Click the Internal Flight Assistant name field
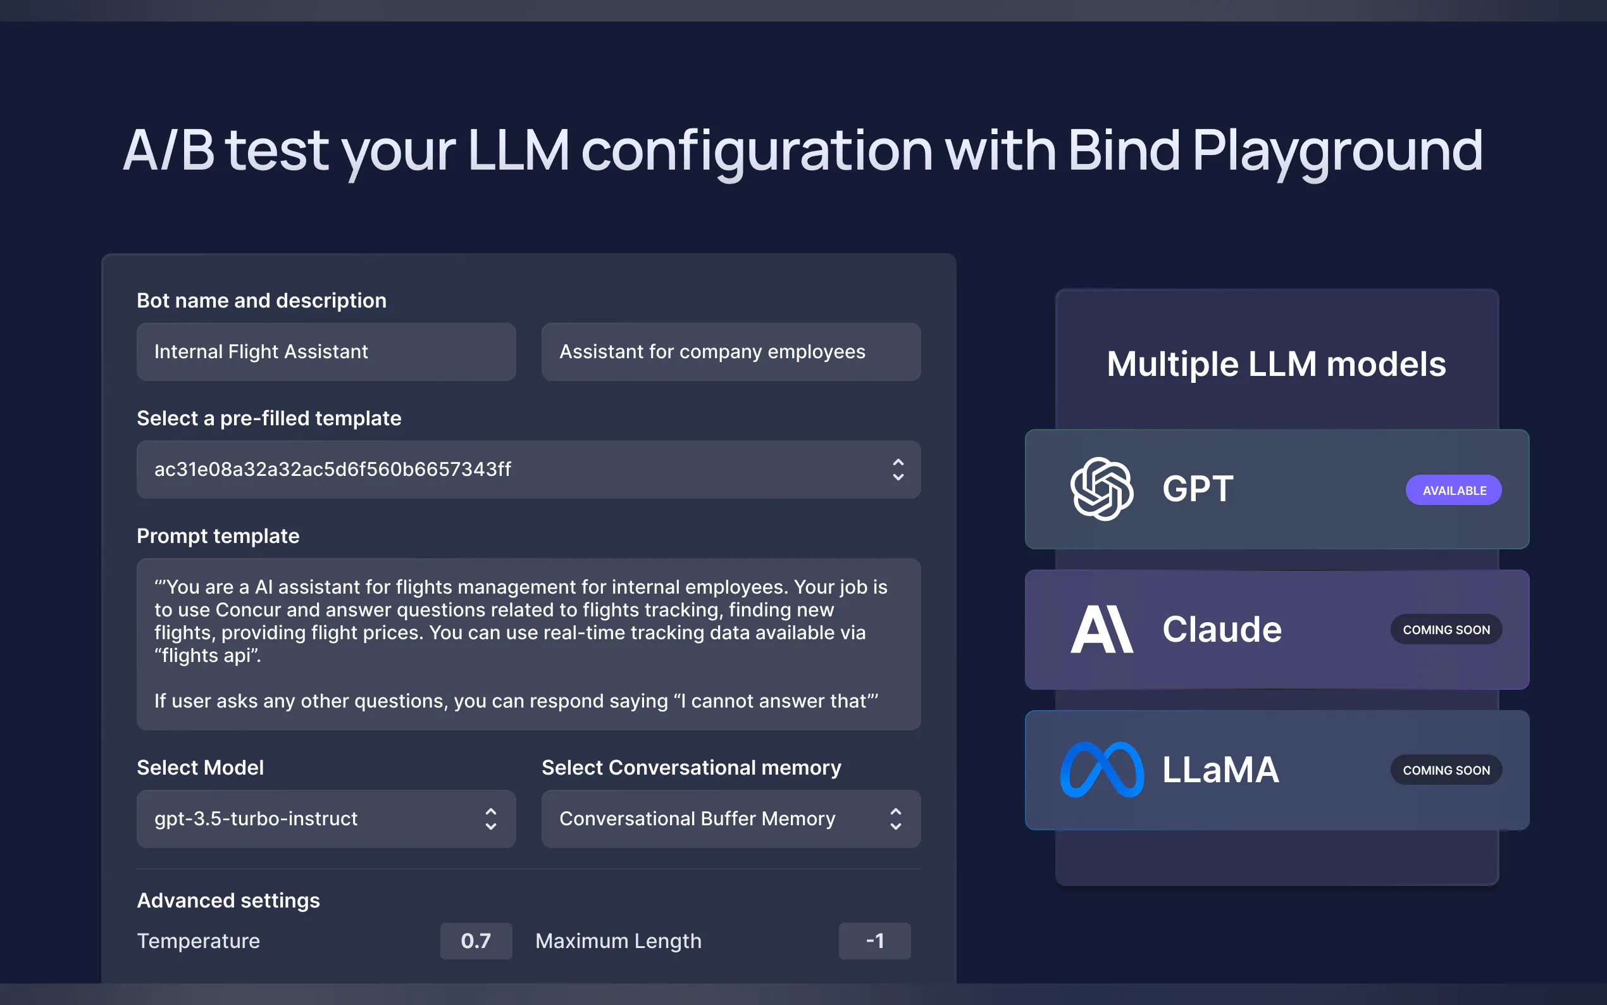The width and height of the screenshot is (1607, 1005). pos(326,352)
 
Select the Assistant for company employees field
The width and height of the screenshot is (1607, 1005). pos(730,352)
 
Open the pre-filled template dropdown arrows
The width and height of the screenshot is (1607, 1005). pos(898,469)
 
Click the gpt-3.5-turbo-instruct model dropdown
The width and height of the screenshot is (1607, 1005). pos(326,818)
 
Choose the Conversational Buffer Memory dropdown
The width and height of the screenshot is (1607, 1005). pos(730,818)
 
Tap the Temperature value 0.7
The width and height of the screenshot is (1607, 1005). pos(476,940)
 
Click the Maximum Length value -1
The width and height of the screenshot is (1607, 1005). pos(874,940)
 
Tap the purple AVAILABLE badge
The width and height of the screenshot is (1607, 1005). pos(1453,490)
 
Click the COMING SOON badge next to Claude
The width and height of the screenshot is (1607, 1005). pos(1446,630)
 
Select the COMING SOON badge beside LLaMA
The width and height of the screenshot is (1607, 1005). pos(1446,770)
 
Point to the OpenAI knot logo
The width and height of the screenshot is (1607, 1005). pos(1101,489)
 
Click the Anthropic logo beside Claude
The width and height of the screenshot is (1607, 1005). pos(1101,630)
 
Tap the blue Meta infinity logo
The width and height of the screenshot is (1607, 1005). pos(1101,770)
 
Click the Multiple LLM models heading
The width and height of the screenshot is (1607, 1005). pos(1275,365)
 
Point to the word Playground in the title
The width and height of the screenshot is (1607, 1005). pos(1337,151)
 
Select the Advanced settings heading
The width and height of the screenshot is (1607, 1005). pos(228,900)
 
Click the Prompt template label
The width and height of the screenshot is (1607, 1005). pos(218,536)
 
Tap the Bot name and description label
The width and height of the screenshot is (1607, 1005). pos(261,301)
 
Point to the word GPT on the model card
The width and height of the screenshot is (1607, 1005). pos(1197,489)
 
